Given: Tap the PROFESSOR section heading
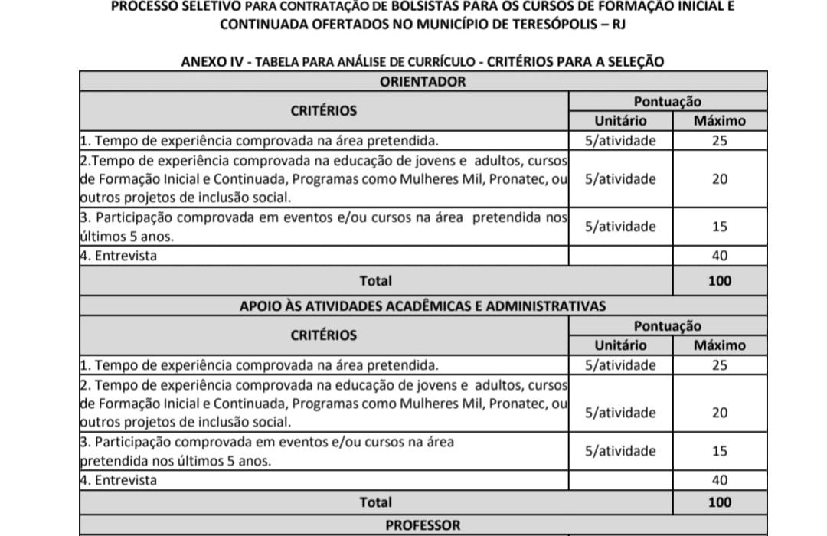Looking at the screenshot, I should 423,525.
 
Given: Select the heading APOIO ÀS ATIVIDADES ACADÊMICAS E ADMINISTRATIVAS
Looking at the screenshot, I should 423,306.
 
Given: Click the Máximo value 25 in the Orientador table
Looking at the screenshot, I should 719,141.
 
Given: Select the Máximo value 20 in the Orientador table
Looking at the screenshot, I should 719,179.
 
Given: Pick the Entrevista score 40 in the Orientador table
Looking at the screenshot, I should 719,256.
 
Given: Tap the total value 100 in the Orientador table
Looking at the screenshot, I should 719,280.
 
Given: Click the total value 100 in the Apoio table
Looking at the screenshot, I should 719,502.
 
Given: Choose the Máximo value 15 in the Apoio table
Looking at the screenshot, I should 719,451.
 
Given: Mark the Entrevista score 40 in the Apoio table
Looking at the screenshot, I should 719,480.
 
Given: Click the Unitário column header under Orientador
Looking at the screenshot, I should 620,121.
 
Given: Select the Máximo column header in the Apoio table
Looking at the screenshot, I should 719,345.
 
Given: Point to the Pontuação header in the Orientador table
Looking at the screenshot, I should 667,102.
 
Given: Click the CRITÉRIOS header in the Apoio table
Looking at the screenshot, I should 323,335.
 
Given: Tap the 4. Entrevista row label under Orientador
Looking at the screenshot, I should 119,256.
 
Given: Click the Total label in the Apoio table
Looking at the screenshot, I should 375,502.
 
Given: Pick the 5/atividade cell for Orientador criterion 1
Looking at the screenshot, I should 620,141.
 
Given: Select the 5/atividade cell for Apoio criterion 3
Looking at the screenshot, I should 620,451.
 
